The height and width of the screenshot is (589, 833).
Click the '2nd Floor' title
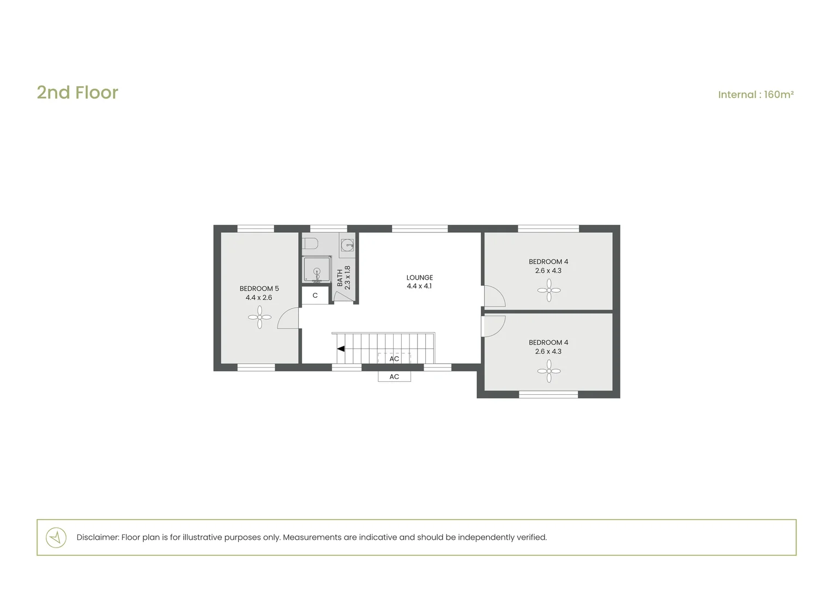click(77, 92)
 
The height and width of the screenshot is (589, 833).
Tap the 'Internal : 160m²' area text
click(756, 94)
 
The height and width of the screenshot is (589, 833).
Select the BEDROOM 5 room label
click(259, 289)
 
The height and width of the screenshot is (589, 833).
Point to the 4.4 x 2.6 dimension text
click(259, 297)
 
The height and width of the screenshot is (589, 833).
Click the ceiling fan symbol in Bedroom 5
click(259, 317)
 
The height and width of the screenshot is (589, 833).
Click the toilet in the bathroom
click(310, 244)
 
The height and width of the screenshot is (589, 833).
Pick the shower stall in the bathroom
click(317, 269)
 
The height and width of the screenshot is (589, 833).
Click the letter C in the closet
click(315, 296)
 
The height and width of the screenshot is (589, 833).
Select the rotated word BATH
click(340, 278)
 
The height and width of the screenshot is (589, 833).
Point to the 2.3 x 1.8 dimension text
click(348, 278)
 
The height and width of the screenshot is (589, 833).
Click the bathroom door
click(343, 296)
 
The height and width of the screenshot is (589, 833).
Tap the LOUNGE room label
click(419, 278)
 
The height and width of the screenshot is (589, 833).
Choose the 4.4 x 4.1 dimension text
click(419, 286)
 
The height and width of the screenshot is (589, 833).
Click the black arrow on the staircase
click(341, 348)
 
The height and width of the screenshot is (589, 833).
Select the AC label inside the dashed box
click(394, 359)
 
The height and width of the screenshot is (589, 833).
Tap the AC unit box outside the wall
click(394, 376)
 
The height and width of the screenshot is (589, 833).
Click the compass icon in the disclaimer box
click(56, 537)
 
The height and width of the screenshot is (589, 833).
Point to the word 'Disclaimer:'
click(98, 537)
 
